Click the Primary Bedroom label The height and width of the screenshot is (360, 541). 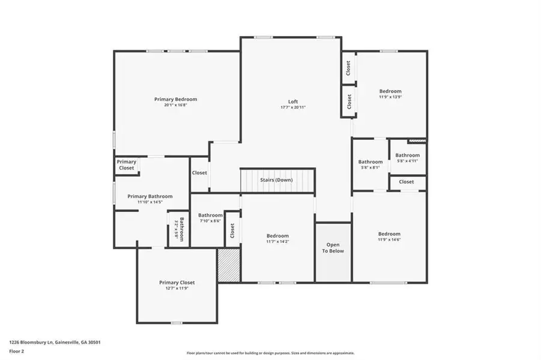click(175, 99)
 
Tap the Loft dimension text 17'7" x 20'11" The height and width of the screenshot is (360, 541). click(293, 107)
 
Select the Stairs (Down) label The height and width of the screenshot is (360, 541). click(276, 180)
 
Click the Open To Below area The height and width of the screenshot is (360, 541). click(333, 248)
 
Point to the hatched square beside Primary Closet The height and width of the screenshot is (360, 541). click(229, 265)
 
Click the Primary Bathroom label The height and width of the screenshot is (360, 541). click(150, 196)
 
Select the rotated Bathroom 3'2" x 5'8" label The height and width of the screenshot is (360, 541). click(180, 229)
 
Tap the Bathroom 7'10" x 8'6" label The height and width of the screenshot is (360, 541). click(210, 215)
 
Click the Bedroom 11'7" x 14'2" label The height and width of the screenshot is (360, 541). click(277, 236)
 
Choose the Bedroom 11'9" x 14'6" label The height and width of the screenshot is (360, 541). click(389, 234)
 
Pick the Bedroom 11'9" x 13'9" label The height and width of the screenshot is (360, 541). click(390, 91)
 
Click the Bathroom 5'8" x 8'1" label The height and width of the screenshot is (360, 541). click(370, 162)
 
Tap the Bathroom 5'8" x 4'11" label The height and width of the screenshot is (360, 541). click(407, 155)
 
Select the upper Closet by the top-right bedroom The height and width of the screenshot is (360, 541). click(348, 68)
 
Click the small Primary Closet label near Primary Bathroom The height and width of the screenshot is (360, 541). click(126, 164)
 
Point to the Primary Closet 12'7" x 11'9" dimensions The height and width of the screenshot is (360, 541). click(177, 288)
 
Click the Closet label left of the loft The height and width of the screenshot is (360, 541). click(199, 173)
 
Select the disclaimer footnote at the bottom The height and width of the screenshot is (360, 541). click(270, 353)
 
